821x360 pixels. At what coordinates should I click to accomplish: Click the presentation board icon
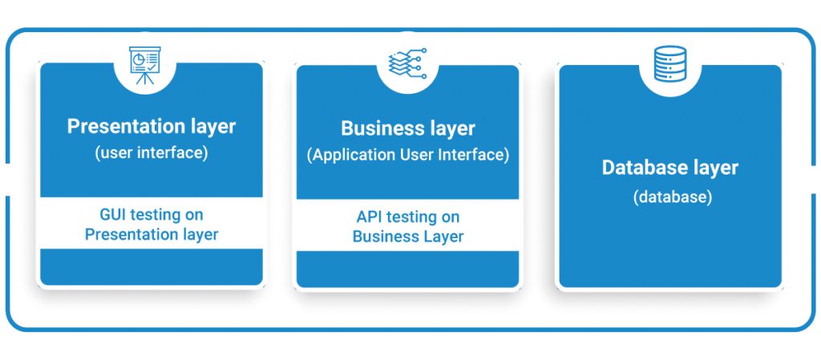(x=145, y=65)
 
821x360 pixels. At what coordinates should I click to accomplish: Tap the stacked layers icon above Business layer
(x=408, y=64)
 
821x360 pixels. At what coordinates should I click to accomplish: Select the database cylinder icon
(x=669, y=64)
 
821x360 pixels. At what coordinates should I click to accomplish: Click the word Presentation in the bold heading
(x=123, y=127)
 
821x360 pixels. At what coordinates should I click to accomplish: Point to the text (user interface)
(x=152, y=153)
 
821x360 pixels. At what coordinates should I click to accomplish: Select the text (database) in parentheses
(x=673, y=197)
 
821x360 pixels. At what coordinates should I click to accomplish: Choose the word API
(x=369, y=216)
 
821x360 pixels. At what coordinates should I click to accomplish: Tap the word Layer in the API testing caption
(x=444, y=237)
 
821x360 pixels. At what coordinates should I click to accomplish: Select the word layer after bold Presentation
(x=211, y=127)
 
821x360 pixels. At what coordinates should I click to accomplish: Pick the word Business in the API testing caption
(x=386, y=236)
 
